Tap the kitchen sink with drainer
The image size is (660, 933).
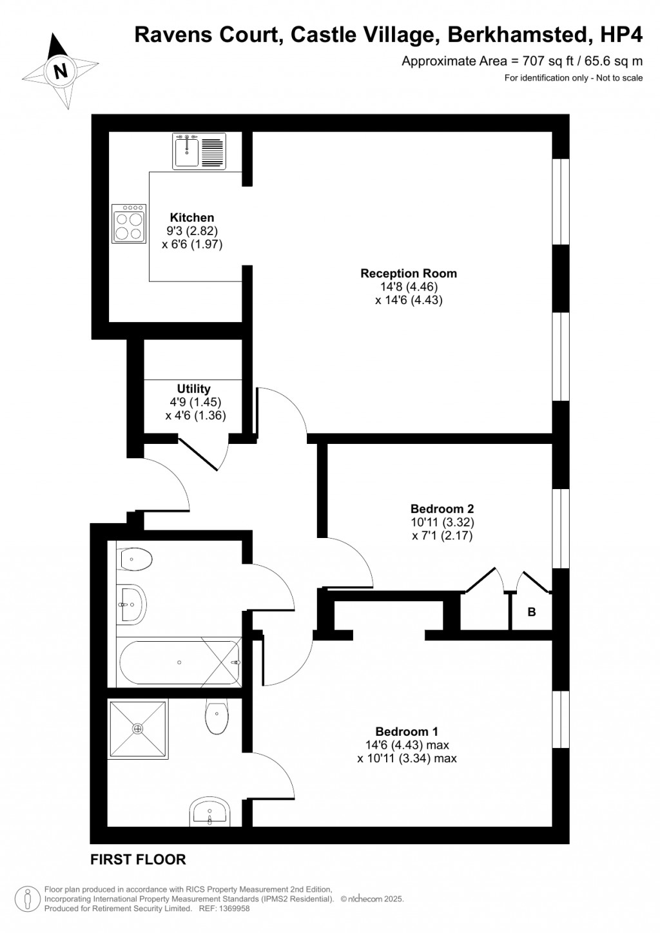click(199, 151)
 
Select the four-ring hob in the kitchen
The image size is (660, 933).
click(129, 224)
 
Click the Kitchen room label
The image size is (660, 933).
click(191, 218)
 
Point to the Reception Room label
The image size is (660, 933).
click(408, 273)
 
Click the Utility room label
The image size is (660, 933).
click(194, 389)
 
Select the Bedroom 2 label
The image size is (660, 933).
click(442, 508)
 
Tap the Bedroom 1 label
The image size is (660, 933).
click(407, 731)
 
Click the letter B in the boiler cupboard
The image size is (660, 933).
click(532, 612)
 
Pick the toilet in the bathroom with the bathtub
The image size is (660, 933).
click(135, 559)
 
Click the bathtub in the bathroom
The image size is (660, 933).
click(179, 662)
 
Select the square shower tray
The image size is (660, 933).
click(137, 729)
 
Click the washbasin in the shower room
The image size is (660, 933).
click(209, 813)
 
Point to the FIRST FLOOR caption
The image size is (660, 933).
click(138, 860)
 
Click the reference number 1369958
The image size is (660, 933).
click(234, 909)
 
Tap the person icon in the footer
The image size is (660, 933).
click(28, 898)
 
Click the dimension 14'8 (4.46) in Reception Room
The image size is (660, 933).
click(408, 287)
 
